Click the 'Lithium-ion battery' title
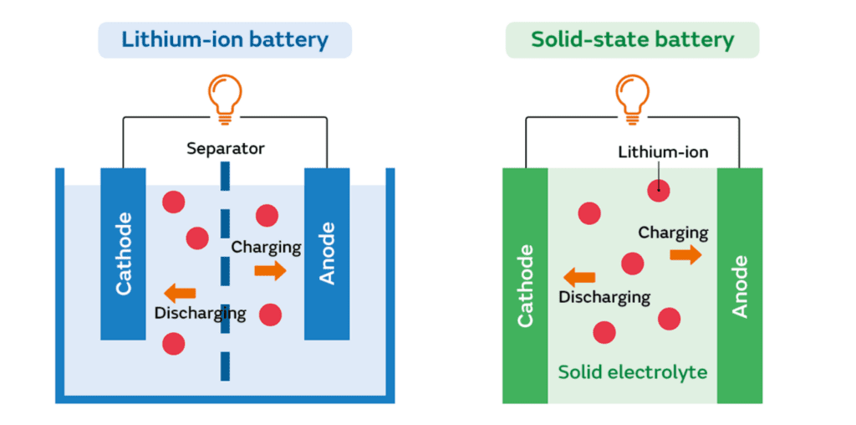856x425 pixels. pos(225,39)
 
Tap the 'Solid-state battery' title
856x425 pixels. pos(632,39)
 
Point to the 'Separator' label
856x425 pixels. pos(225,149)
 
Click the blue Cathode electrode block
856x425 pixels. pos(124,253)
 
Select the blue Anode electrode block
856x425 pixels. pos(327,253)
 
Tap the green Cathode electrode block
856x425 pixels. pos(525,285)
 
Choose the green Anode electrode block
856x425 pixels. pos(740,285)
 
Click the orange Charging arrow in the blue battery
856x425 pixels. pos(270,269)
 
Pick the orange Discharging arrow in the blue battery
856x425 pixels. pos(180,293)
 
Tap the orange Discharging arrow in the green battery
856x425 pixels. pos(578,277)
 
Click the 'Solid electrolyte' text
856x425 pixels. pos(632,371)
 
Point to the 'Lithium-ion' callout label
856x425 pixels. pos(663,152)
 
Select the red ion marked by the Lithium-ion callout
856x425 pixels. pos(659,190)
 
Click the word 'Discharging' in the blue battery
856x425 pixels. pos(201,313)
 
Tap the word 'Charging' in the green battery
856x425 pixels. pos(673,233)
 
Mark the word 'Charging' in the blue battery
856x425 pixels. pos(266,247)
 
